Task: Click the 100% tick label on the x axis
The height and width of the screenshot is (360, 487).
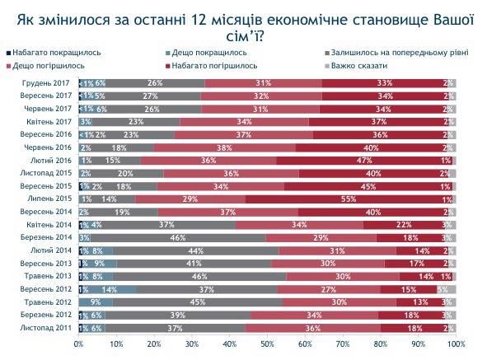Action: [454, 344]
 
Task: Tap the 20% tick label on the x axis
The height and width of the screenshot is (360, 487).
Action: [154, 344]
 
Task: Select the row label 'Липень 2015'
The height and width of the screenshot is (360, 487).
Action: [52, 199]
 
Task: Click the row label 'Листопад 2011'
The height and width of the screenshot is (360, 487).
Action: [50, 327]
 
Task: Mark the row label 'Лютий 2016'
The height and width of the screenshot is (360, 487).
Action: [54, 160]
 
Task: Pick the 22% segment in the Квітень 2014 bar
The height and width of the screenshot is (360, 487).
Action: [404, 224]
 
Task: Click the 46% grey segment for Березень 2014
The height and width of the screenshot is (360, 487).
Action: [176, 237]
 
